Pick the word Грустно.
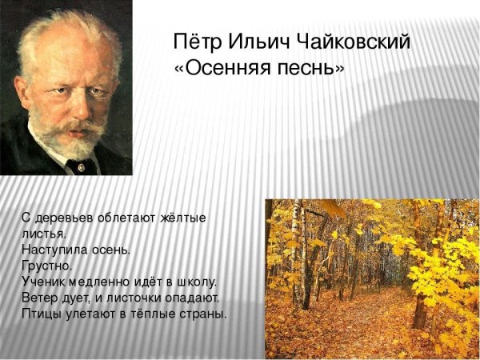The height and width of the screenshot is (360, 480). [47, 265]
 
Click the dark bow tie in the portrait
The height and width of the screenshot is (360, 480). [80, 166]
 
